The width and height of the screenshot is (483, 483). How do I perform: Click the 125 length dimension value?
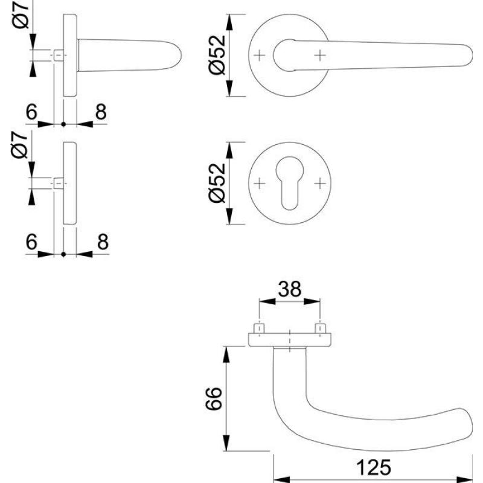coord(374,467)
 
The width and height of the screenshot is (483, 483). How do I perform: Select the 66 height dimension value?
coord(214,398)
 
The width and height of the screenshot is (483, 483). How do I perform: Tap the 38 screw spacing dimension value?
coord(289,289)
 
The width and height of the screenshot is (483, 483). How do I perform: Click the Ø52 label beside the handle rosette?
coord(217,55)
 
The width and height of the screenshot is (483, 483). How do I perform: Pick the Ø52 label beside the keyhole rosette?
coord(217,183)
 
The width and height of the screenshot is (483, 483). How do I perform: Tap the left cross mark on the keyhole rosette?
coord(260,184)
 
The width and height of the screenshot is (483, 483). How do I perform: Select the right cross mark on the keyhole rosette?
coord(320,184)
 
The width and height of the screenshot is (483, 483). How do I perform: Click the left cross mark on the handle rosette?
coord(260,56)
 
